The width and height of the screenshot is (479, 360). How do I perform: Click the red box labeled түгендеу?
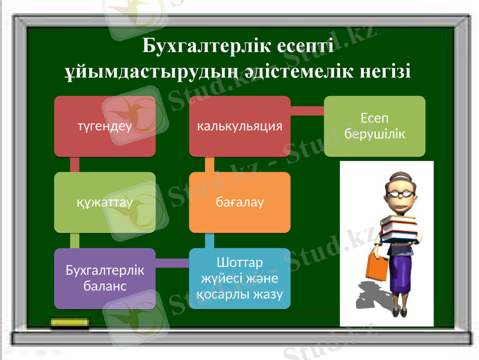coord(105,126)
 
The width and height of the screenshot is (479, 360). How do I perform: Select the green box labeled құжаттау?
coord(105,202)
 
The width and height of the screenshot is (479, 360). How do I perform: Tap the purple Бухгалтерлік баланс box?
coord(105,278)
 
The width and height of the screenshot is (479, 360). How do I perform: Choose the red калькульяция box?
coord(240,126)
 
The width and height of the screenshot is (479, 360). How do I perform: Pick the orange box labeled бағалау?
coord(240,202)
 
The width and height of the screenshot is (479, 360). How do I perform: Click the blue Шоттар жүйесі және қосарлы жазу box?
coord(240,278)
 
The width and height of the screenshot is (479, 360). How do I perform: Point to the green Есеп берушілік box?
coord(375,126)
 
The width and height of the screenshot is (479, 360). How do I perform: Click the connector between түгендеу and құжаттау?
coord(75,164)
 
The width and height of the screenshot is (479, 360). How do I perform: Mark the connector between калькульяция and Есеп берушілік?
coord(307,111)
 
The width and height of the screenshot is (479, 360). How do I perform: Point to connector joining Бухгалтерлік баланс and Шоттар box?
coord(172,263)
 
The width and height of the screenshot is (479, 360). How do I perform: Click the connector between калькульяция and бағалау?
coord(209,164)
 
